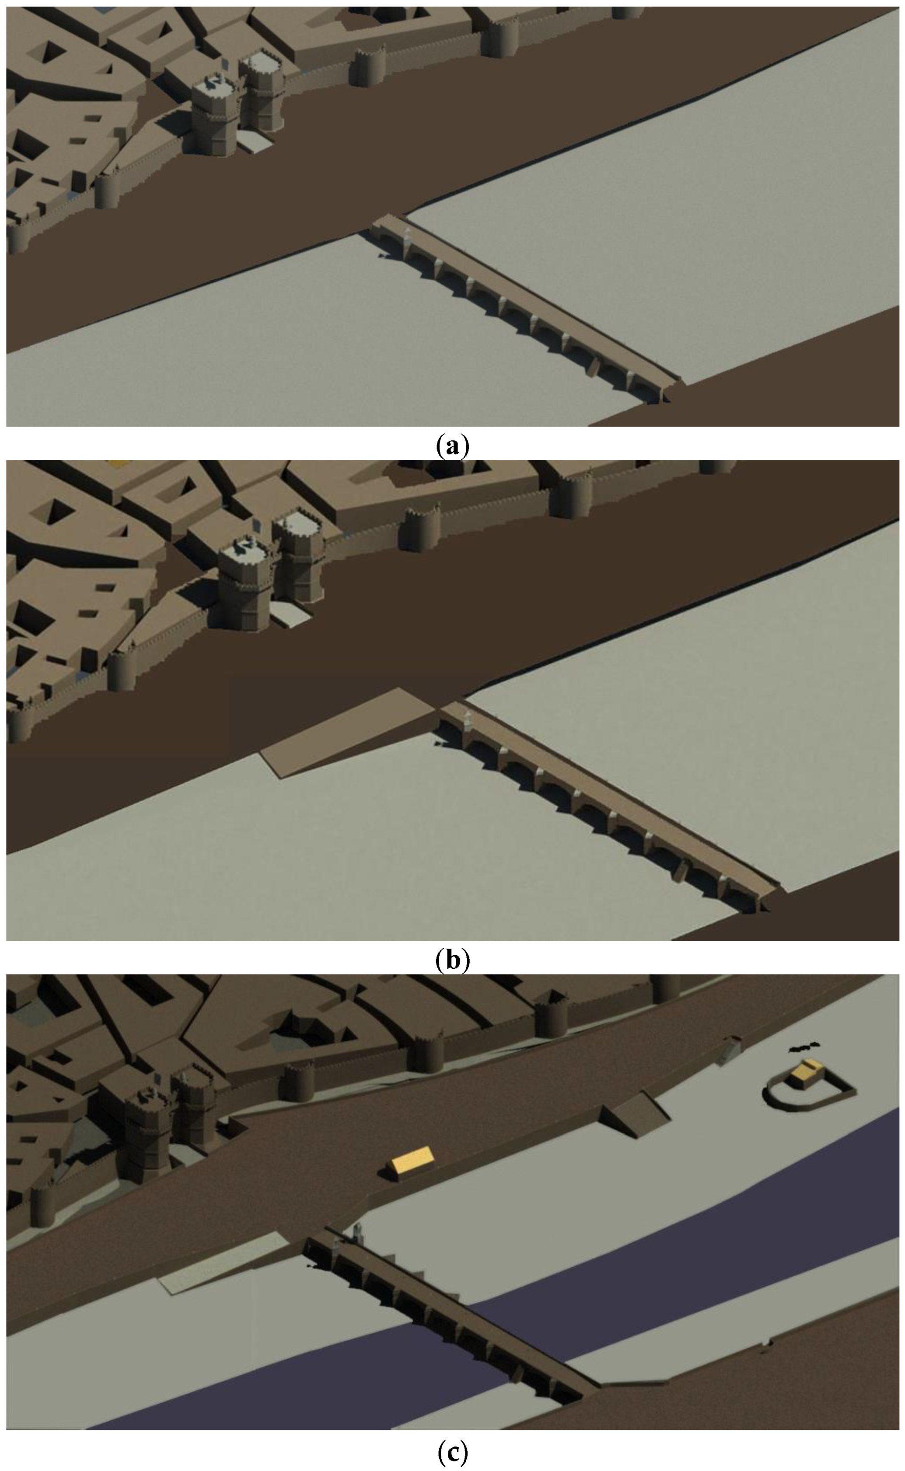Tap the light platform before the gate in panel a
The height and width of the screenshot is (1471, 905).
pyautogui.click(x=255, y=142)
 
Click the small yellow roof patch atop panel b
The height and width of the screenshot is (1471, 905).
pyautogui.click(x=117, y=464)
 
